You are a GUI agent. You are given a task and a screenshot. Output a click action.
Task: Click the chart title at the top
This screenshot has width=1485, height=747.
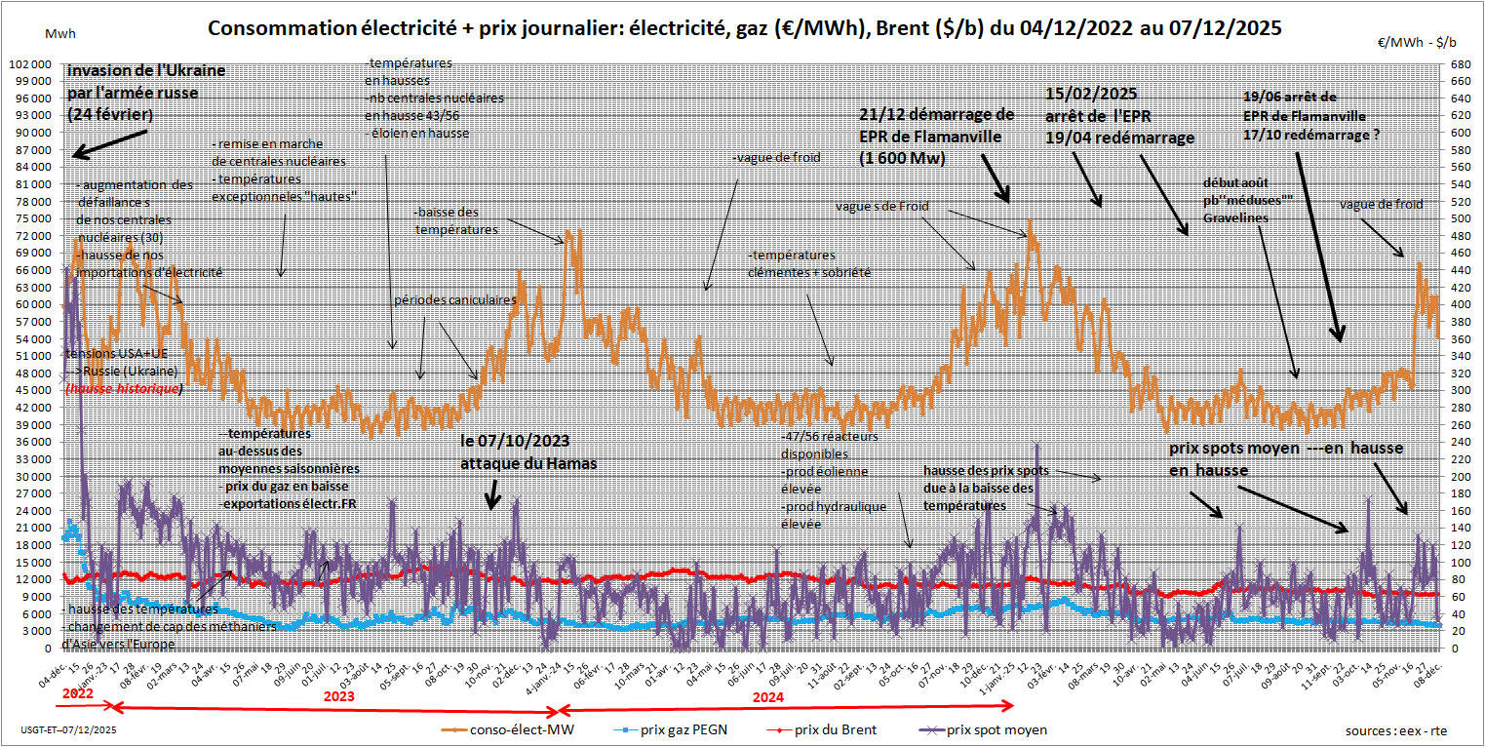click(745, 28)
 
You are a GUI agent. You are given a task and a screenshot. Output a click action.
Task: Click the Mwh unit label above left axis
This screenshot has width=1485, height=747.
click(58, 33)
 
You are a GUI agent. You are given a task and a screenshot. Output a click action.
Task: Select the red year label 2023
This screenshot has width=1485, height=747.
click(337, 697)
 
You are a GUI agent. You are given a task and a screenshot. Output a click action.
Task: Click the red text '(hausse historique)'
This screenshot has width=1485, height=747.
click(123, 388)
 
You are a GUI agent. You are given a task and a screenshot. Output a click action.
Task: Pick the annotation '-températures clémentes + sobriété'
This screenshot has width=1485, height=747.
click(808, 263)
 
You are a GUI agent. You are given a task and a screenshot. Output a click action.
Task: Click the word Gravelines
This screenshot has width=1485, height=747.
click(1236, 217)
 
